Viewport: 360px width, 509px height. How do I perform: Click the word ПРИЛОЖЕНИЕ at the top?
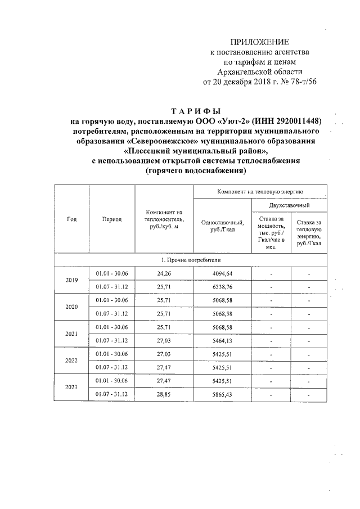tap(259, 43)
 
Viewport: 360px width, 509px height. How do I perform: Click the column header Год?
tap(71, 219)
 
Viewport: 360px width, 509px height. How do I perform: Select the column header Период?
tap(112, 219)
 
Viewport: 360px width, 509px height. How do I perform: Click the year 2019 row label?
tap(71, 280)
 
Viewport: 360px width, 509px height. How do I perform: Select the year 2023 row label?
tap(71, 388)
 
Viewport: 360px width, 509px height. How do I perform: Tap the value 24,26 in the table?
tap(164, 273)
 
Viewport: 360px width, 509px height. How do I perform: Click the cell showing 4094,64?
tap(222, 273)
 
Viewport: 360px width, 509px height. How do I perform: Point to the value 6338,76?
tap(222, 286)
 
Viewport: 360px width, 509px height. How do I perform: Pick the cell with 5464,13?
tap(222, 340)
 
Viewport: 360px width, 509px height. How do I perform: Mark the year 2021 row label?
tap(71, 334)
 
